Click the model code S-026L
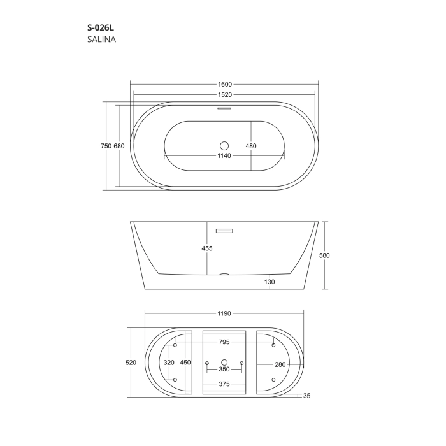(x=101, y=27)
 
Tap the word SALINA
(x=101, y=40)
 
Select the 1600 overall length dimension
(x=225, y=85)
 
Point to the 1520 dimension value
(x=225, y=95)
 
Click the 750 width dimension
(x=106, y=146)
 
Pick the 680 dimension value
(x=119, y=146)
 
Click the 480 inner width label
(x=251, y=146)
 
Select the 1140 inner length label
(x=224, y=155)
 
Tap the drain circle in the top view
(x=224, y=146)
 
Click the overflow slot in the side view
(x=224, y=231)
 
